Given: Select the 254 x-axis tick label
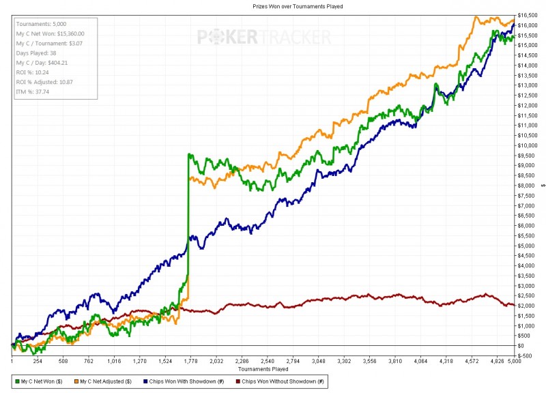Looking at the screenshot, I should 38,362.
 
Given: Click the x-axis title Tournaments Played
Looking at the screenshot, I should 263,369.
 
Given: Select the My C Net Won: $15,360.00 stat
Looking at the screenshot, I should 50,34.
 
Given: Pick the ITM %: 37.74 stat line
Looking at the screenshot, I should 33,90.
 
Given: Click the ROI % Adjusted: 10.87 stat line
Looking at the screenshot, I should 44,81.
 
